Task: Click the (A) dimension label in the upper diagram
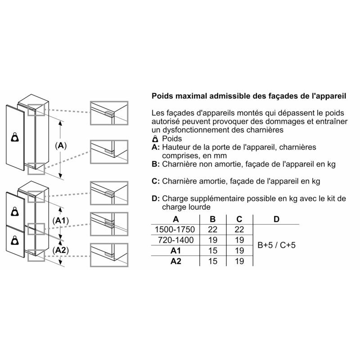tap(61, 145)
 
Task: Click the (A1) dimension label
tap(61, 220)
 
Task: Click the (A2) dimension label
tap(61, 250)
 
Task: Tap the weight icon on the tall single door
tap(15, 137)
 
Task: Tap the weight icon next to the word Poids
tap(155, 139)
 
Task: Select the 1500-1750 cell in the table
tap(175, 229)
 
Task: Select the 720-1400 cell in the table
tap(175, 240)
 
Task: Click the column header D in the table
tap(276, 219)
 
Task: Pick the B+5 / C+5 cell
tap(276, 245)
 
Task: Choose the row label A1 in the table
tap(176, 251)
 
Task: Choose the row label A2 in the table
tap(176, 261)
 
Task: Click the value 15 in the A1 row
tap(213, 251)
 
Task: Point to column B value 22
tap(213, 229)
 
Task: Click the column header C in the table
tap(239, 219)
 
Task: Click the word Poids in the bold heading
tap(162, 96)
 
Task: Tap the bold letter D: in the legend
tap(156, 198)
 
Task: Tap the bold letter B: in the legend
tap(156, 164)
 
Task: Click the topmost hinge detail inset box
tap(109, 113)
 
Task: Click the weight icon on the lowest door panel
tap(15, 240)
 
